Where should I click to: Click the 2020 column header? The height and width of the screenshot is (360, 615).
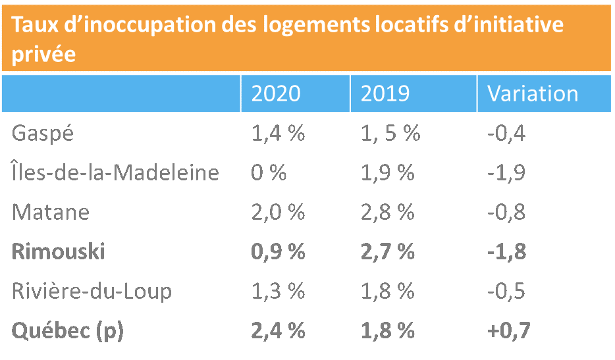(276, 93)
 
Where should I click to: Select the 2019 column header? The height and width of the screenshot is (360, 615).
(385, 93)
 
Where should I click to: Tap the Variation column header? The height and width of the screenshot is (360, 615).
(533, 93)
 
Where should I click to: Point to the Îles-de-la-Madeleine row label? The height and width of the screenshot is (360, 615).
(115, 173)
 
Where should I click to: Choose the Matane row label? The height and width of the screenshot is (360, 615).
(51, 213)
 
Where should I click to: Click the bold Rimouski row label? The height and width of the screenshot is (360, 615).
(59, 251)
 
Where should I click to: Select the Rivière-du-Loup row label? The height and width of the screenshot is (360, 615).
(92, 291)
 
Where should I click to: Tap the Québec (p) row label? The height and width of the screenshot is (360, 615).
(68, 330)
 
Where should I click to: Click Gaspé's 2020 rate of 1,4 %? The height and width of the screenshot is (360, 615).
(278, 134)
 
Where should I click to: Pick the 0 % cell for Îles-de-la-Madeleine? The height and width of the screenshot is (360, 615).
(269, 173)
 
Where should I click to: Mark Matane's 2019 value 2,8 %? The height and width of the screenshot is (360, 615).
(387, 213)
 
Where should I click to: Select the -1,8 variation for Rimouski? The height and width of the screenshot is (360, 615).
(506, 251)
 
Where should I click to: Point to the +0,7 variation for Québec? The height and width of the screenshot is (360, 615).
(509, 330)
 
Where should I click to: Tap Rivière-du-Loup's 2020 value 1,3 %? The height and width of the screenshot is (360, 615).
(278, 291)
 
